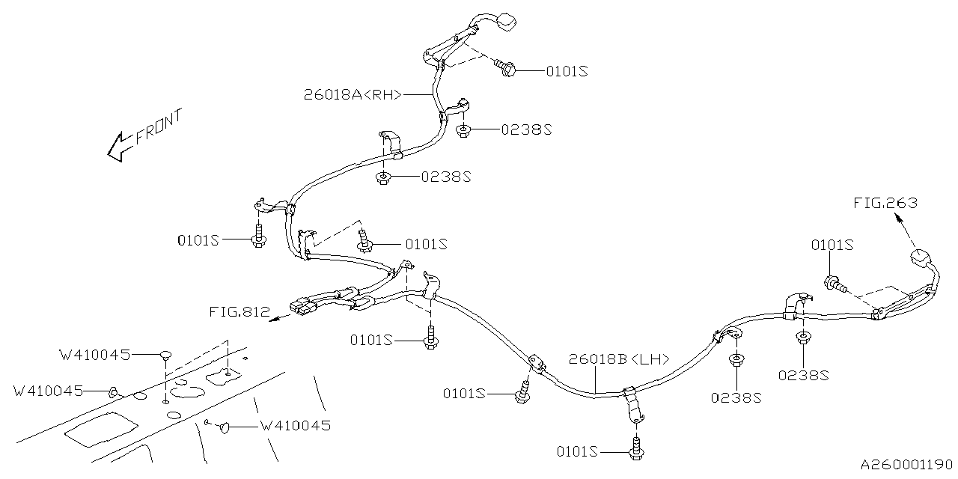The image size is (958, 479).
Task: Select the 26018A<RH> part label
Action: coord(353,94)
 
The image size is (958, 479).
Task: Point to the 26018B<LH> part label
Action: coord(618,359)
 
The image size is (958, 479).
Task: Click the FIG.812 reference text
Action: coord(240,312)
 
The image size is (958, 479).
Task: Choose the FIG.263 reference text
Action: coord(885,202)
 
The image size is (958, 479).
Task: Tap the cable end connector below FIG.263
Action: coord(921,260)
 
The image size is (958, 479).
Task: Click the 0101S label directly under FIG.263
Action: coord(833,245)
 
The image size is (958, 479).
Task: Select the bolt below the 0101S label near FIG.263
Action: coord(834,284)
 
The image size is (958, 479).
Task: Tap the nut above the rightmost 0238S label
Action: coord(802,338)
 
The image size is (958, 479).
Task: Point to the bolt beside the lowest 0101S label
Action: coord(637,450)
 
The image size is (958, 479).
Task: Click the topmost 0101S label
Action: coord(567,71)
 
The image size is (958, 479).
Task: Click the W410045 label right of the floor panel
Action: coord(295,426)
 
